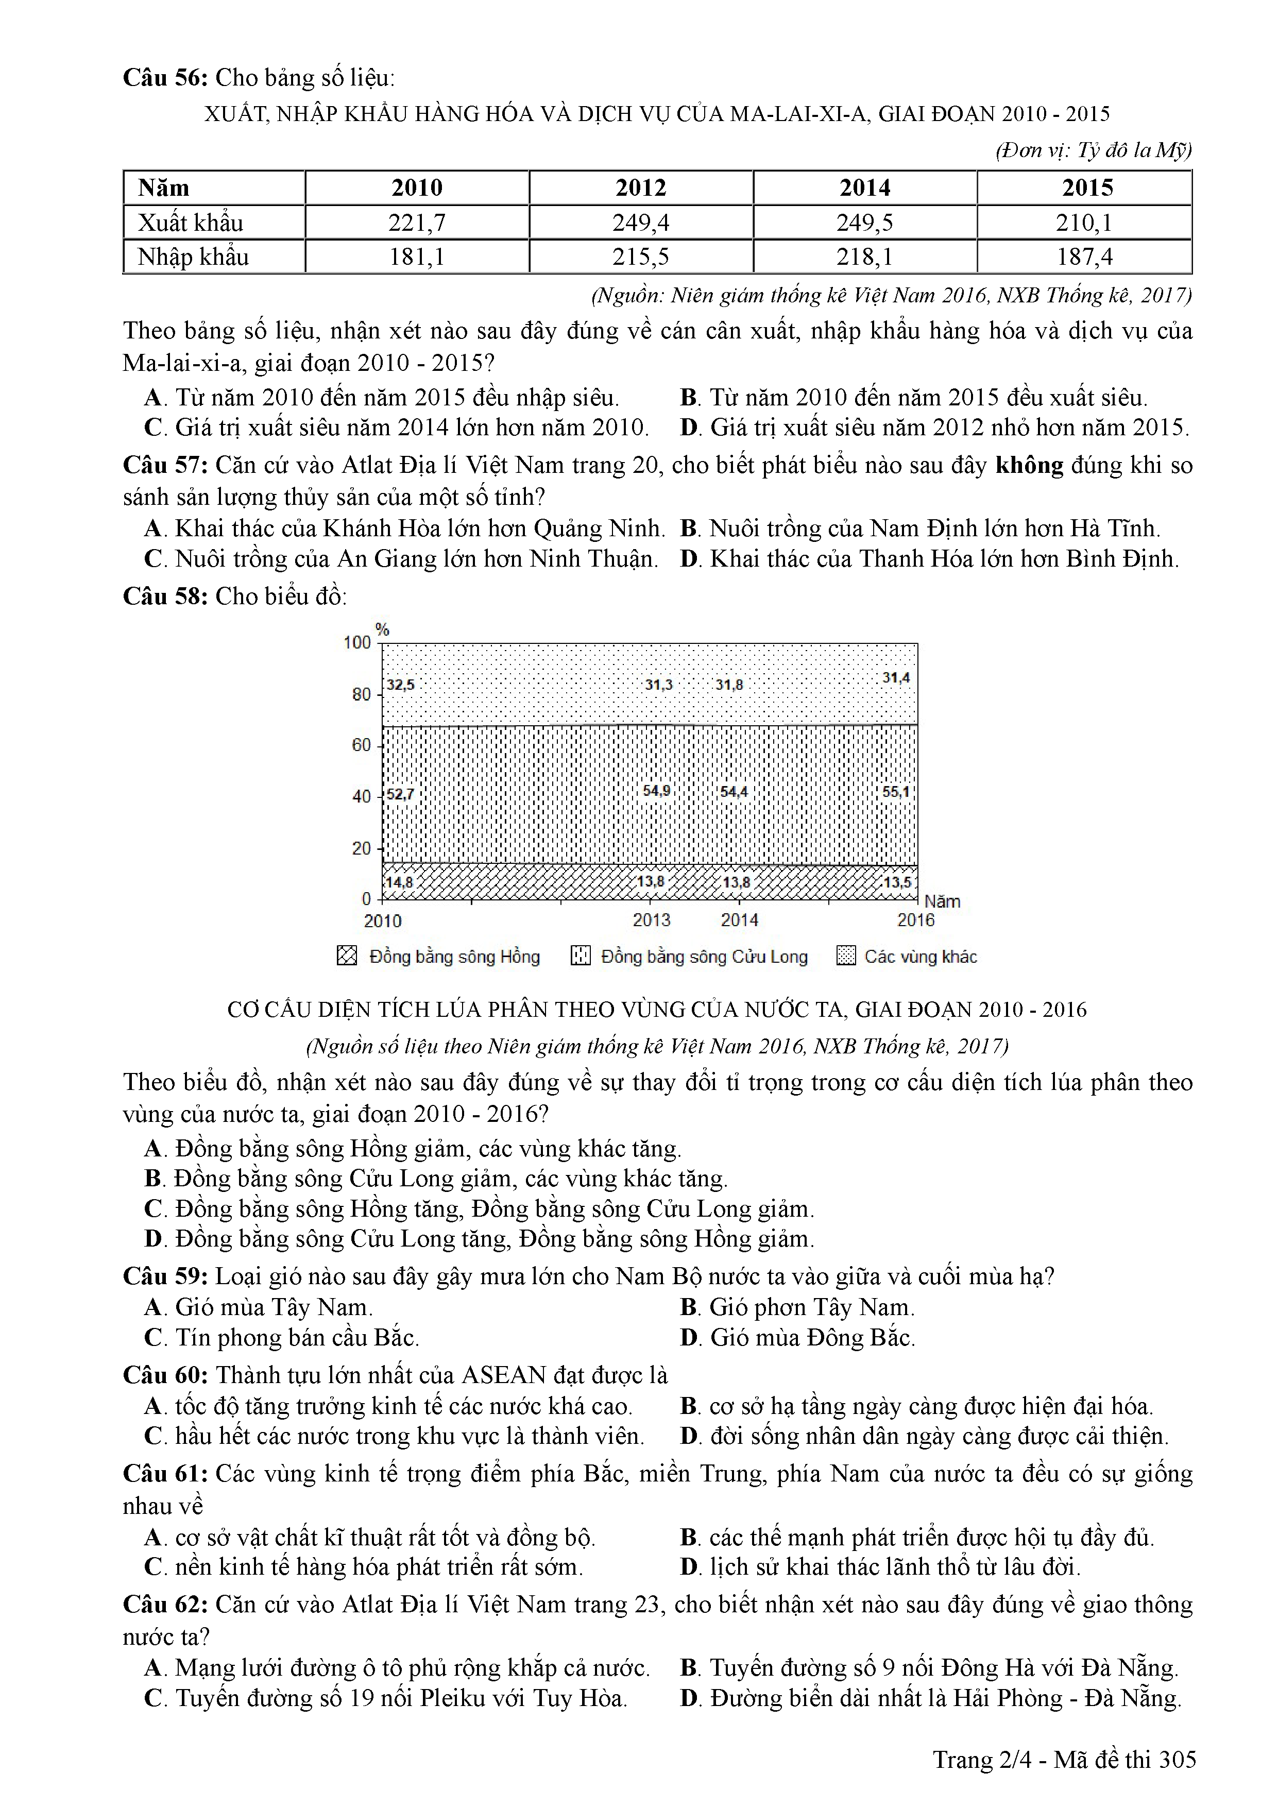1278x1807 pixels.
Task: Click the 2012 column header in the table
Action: tap(641, 188)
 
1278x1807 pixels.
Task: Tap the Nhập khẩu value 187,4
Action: tap(1084, 257)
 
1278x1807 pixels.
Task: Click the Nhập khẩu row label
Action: tap(193, 257)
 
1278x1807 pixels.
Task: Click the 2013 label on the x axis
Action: tap(652, 919)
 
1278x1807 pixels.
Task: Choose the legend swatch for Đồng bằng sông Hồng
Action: tap(346, 956)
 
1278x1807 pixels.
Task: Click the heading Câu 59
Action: tap(165, 1276)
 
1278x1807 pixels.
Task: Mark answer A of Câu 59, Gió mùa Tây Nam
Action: tap(259, 1307)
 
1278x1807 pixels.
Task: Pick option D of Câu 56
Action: tap(934, 428)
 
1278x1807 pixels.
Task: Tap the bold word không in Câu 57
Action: tap(1029, 465)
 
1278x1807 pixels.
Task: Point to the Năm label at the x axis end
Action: tap(942, 901)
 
